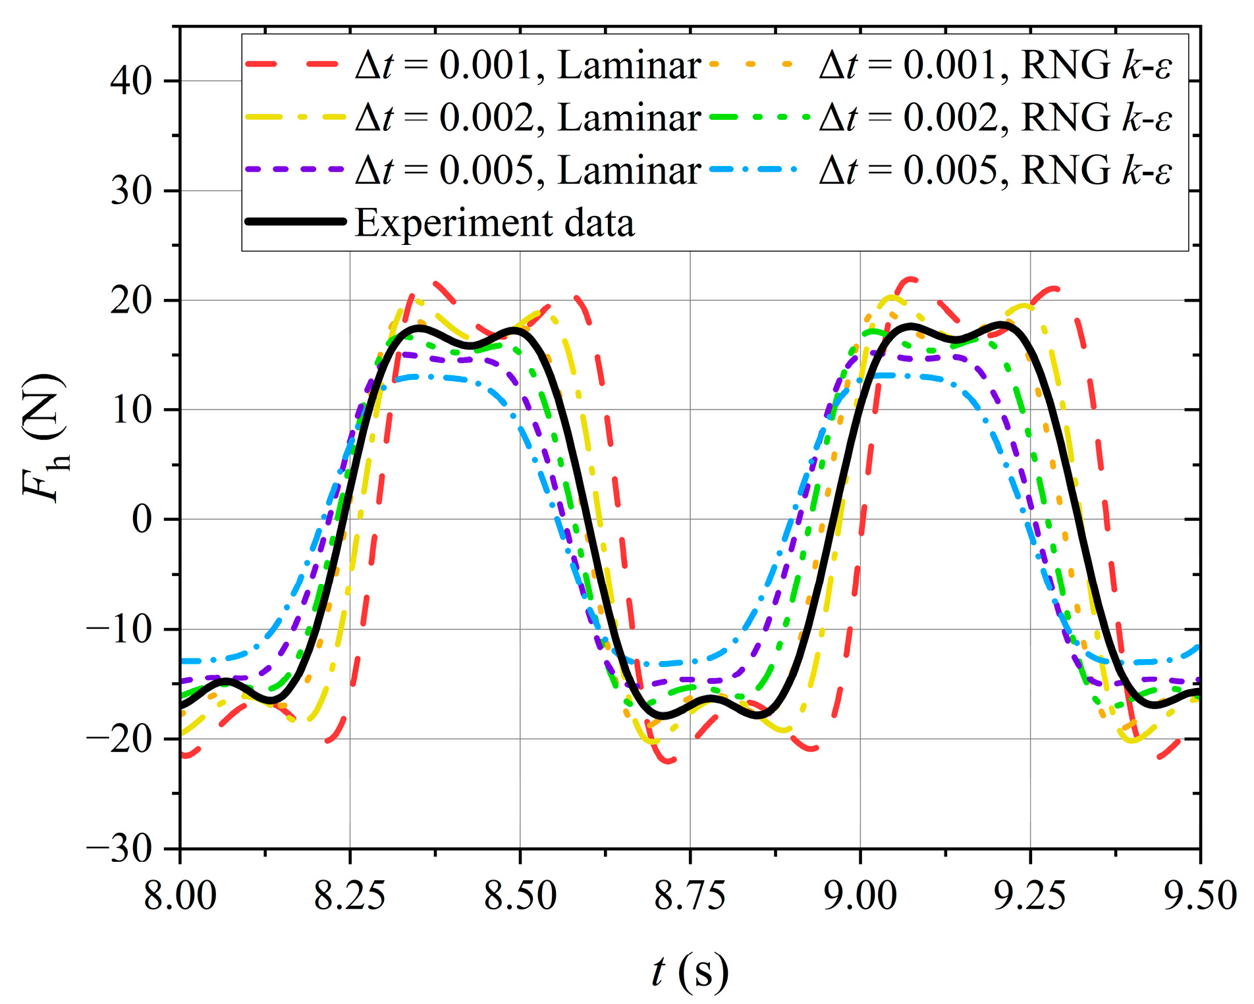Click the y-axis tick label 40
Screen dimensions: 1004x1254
(x=131, y=82)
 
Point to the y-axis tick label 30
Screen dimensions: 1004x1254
(x=131, y=192)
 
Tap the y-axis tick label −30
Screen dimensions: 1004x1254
(x=120, y=849)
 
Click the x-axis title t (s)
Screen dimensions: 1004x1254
(x=690, y=971)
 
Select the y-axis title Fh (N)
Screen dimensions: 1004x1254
(x=45, y=438)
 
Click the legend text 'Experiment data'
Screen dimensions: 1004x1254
(x=495, y=223)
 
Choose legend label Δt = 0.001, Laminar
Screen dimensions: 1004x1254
(x=528, y=65)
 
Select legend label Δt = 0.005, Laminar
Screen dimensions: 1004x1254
(x=528, y=171)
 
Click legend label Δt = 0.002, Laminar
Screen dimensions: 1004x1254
(x=528, y=118)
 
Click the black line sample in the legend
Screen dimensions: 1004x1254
(x=296, y=222)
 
